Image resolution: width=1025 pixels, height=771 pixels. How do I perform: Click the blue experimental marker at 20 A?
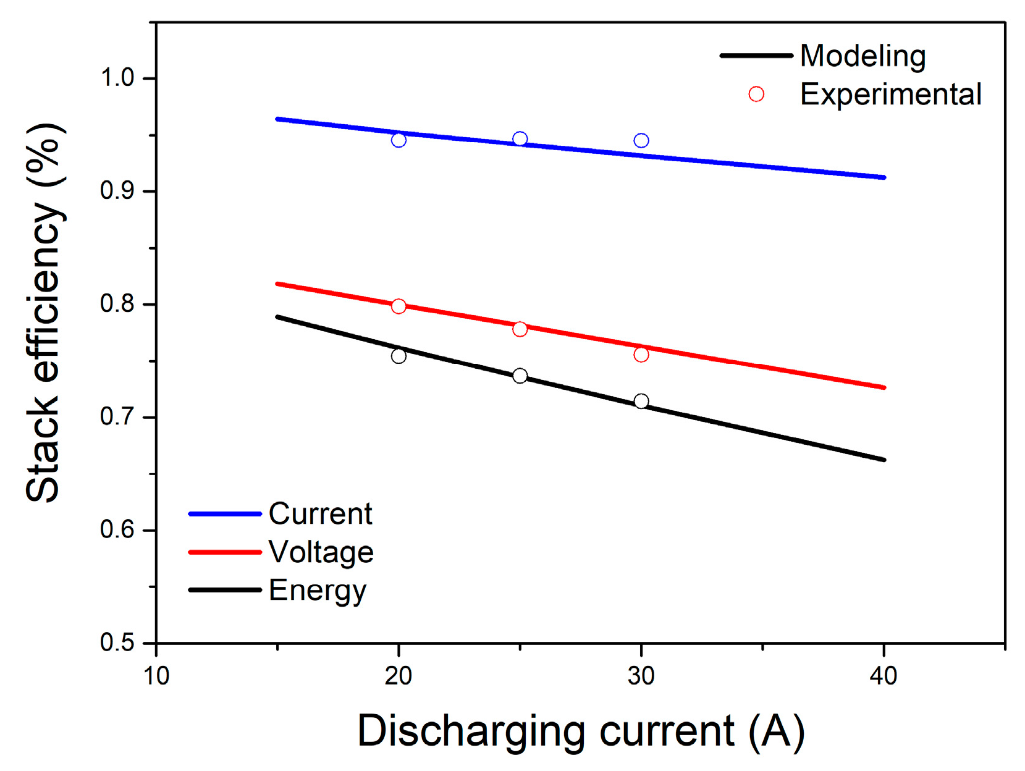pos(399,140)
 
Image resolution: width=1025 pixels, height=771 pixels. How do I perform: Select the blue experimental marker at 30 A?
pos(641,141)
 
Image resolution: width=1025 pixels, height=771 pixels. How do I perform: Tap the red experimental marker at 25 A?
pos(520,329)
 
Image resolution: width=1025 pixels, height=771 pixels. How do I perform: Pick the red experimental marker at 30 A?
pos(641,355)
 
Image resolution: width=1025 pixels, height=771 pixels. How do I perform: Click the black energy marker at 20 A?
pos(399,356)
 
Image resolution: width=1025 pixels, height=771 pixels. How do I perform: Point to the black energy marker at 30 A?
pos(641,402)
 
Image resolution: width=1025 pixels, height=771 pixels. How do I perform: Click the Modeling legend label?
pos(863,56)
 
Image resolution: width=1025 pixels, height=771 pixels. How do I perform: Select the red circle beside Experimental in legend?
pos(756,95)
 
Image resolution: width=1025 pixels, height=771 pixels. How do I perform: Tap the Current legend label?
pos(320,514)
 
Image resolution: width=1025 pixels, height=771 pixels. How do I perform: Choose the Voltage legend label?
pos(321,552)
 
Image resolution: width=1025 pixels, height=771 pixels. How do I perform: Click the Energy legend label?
pos(318,591)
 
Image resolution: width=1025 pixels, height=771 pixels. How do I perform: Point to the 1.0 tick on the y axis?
pos(117,78)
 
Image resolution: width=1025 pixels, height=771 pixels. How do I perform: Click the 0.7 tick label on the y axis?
pos(117,417)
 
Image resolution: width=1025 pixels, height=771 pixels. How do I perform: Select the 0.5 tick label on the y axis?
pos(117,643)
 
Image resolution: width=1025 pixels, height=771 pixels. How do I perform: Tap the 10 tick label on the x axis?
pos(156,676)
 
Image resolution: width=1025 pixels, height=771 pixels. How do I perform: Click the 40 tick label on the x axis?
pos(884,676)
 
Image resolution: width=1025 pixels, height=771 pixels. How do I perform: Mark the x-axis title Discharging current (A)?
pos(581,731)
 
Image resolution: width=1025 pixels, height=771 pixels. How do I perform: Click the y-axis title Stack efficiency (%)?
pos(44,312)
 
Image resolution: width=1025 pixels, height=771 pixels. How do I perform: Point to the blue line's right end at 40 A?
pos(884,177)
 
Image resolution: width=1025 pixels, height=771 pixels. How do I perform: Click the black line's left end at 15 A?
pos(278,317)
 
